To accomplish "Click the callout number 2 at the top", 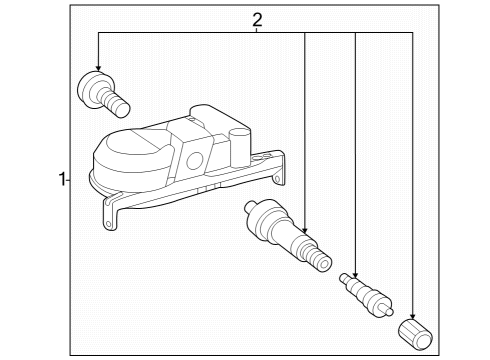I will pos(257,19).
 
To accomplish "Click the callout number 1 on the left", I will pos(62,180).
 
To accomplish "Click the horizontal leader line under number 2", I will pos(200,33).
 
